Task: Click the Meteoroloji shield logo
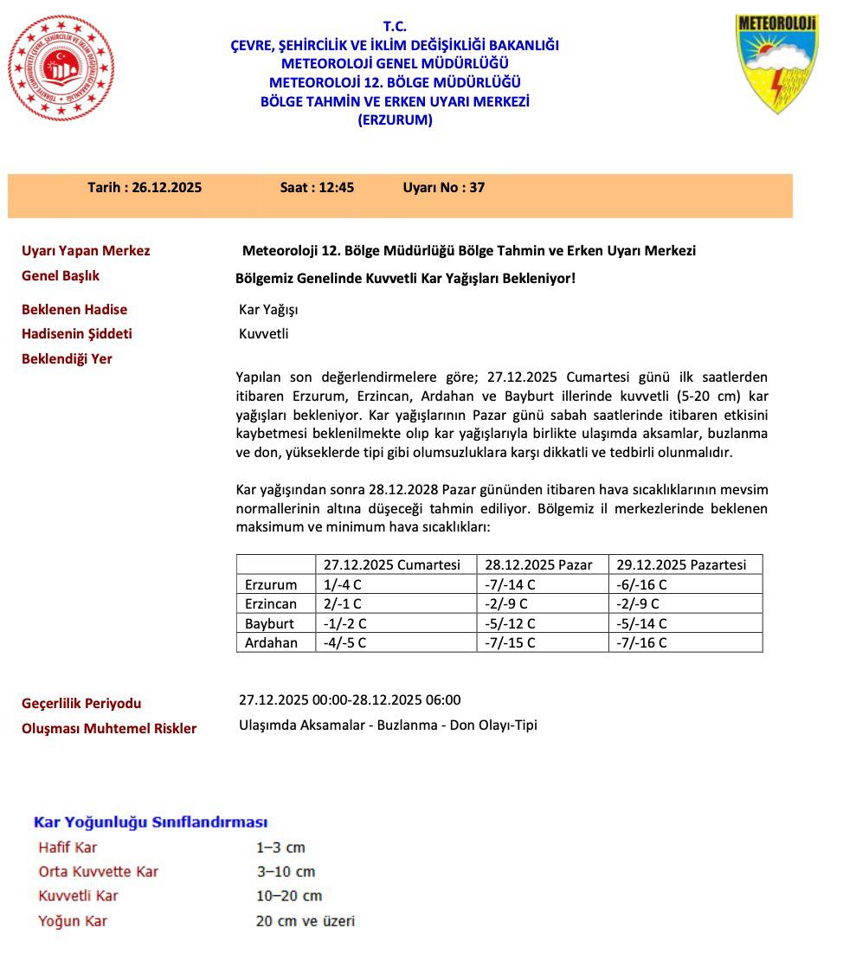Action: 775,63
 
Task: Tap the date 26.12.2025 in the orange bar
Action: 166,187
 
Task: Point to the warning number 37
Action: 477,187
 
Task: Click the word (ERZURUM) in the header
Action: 395,120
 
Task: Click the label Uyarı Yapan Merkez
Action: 86,251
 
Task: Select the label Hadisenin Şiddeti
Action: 77,334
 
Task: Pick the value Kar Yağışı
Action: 268,310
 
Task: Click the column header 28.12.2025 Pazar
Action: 538,564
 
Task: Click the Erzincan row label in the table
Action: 271,604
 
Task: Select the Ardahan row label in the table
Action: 271,642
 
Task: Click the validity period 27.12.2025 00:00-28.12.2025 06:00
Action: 350,700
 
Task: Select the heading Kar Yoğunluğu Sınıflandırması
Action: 151,822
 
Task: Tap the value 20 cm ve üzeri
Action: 306,921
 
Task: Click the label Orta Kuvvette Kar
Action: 99,872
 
